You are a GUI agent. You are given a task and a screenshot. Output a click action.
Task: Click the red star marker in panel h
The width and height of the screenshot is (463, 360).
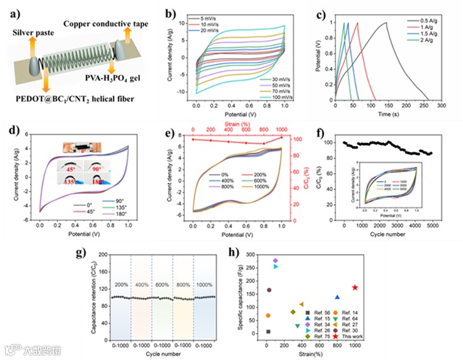coord(355,288)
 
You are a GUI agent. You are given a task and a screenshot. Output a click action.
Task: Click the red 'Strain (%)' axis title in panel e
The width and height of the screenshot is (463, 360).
coord(242,124)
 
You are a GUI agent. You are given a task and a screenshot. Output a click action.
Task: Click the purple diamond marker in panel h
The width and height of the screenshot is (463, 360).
coord(275,261)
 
